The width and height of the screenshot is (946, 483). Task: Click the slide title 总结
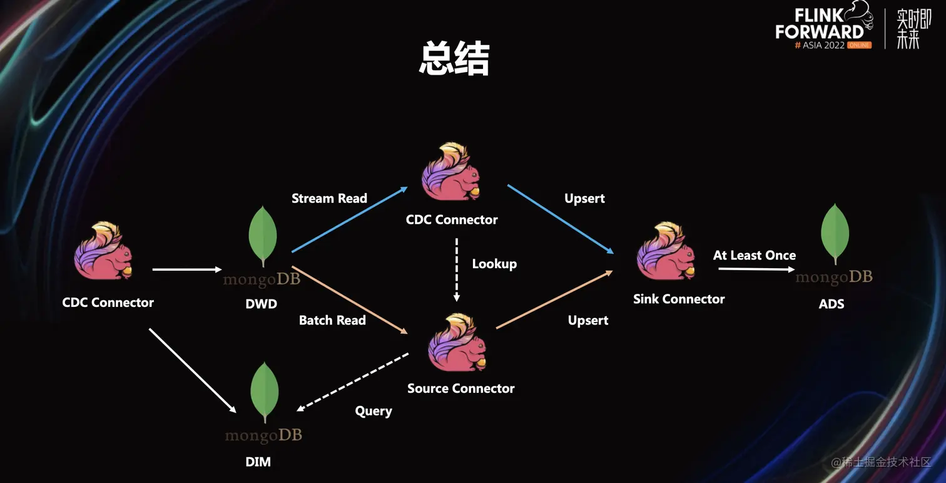pyautogui.click(x=454, y=60)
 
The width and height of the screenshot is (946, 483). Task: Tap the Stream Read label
pyautogui.click(x=329, y=199)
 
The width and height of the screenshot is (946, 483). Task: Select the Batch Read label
pyautogui.click(x=332, y=320)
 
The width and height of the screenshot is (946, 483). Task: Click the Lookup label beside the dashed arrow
pyautogui.click(x=494, y=264)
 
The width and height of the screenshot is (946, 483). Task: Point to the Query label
pyautogui.click(x=374, y=411)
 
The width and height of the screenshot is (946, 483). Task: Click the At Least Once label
pyautogui.click(x=754, y=256)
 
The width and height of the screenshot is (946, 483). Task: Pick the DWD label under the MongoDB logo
pyautogui.click(x=262, y=304)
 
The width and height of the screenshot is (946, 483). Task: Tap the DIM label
pyautogui.click(x=258, y=462)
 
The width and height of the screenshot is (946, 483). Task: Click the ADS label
pyautogui.click(x=832, y=304)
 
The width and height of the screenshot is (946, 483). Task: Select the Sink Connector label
pyautogui.click(x=679, y=299)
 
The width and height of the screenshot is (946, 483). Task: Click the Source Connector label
pyautogui.click(x=460, y=388)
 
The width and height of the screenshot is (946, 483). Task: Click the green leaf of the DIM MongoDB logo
pyautogui.click(x=265, y=391)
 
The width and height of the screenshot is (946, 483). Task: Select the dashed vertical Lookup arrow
pyautogui.click(x=457, y=269)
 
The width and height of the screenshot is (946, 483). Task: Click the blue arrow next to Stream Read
pyautogui.click(x=349, y=220)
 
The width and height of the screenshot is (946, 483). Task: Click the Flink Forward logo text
pyautogui.click(x=820, y=25)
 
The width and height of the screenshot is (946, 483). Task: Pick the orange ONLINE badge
pyautogui.click(x=859, y=45)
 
